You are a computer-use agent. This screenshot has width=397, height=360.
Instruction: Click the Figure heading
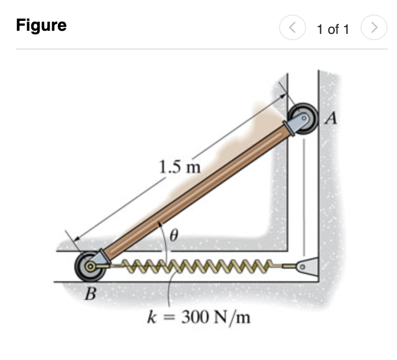click(x=41, y=25)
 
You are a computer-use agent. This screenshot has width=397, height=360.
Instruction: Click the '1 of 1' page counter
click(x=333, y=29)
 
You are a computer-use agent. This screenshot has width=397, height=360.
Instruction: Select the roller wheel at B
click(x=88, y=266)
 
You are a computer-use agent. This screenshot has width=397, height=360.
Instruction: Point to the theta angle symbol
click(x=174, y=237)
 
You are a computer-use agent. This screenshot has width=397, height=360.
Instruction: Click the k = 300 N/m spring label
click(x=198, y=317)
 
